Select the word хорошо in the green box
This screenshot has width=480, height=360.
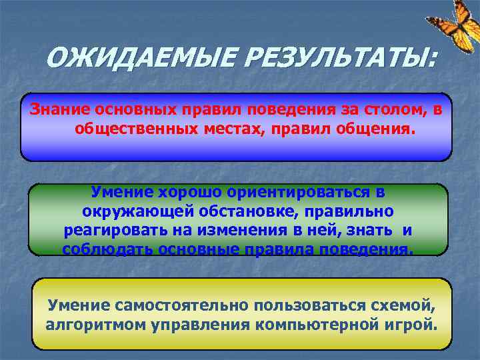pos(189,192)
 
